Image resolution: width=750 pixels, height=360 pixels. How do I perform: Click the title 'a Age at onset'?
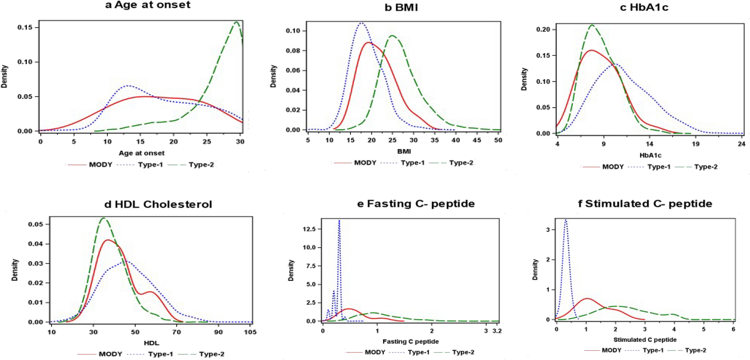click(x=148, y=5)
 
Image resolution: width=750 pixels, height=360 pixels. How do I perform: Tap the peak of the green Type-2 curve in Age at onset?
click(x=236, y=22)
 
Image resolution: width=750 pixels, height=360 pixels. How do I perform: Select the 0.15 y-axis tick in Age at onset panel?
click(x=25, y=28)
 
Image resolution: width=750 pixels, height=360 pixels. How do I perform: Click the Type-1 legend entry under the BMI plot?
click(x=413, y=163)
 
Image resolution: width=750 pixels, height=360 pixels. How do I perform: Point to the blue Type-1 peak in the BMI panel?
click(x=361, y=23)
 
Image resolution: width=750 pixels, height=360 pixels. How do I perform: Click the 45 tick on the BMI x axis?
click(x=477, y=140)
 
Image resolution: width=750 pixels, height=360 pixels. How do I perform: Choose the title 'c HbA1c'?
click(x=644, y=7)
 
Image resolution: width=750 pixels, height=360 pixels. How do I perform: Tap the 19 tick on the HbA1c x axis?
click(x=695, y=144)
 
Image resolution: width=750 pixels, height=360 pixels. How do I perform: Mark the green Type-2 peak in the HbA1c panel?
click(x=592, y=25)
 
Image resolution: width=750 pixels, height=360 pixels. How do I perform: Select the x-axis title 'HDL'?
click(x=151, y=343)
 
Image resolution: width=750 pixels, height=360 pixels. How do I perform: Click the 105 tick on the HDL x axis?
click(x=250, y=332)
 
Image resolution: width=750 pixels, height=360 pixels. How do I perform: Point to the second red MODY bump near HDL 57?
click(x=149, y=292)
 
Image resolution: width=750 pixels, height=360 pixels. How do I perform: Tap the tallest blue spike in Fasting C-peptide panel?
click(x=339, y=220)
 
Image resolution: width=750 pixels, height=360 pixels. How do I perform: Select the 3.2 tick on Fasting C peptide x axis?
click(x=497, y=331)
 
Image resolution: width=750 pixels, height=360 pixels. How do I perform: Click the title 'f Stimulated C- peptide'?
click(x=645, y=204)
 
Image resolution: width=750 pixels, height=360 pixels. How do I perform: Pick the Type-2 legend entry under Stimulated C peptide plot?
click(x=695, y=350)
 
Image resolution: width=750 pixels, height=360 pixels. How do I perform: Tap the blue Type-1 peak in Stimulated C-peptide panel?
click(x=566, y=220)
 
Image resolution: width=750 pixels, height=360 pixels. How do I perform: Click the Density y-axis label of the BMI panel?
click(x=274, y=76)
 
